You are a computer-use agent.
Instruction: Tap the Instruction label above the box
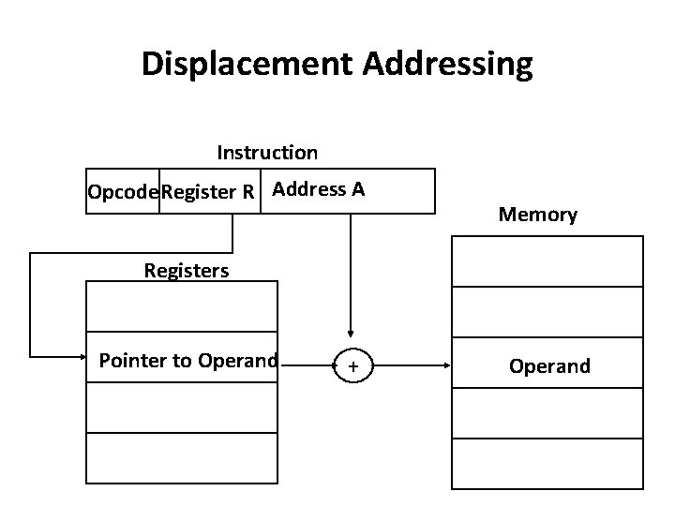coord(267,152)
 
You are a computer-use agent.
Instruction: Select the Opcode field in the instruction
coord(123,192)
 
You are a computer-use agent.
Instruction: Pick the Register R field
coord(209,192)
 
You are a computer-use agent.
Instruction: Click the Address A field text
coord(320,189)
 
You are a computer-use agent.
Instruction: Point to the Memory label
coord(538,215)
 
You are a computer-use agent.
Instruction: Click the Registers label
coord(187,271)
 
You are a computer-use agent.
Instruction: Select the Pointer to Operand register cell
coord(187,360)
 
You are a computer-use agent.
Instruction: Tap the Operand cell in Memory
coord(549,365)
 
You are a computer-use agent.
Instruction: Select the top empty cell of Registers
coord(182,306)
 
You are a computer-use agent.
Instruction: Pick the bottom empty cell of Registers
coord(182,458)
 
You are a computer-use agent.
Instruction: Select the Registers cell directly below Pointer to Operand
coord(182,408)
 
